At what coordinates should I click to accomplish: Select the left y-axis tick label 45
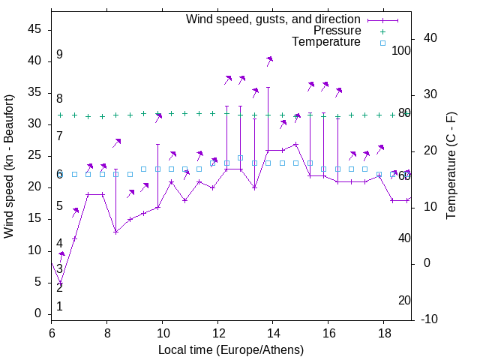(x=34, y=30)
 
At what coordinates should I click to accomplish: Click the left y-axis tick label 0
(x=38, y=313)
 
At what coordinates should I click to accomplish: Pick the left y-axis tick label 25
(x=34, y=156)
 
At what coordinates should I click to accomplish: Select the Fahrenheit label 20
(x=404, y=301)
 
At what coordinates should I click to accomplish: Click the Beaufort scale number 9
(x=59, y=55)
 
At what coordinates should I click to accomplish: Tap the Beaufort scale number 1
(x=59, y=307)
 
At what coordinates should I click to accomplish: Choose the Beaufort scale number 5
(x=59, y=206)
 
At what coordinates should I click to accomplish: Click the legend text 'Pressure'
(x=337, y=31)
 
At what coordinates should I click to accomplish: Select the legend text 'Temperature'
(x=326, y=42)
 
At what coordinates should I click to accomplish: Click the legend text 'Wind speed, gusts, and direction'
(x=274, y=19)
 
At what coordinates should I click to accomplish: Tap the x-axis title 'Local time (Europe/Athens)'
(x=231, y=350)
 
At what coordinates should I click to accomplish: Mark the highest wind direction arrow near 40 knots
(x=269, y=60)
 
